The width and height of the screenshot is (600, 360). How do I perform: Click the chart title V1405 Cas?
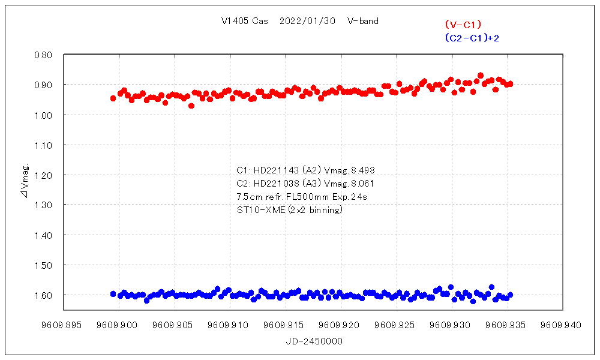(244, 22)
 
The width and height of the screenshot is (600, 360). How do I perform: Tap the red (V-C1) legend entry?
(463, 25)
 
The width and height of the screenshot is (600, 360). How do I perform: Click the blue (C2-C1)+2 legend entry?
(472, 38)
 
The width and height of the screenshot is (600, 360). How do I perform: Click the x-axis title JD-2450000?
(314, 341)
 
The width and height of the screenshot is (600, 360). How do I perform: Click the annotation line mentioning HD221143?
(306, 170)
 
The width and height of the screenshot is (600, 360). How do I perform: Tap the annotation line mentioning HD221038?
(306, 184)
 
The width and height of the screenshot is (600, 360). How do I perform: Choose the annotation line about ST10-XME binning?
(290, 209)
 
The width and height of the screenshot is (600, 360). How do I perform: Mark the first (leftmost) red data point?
(113, 98)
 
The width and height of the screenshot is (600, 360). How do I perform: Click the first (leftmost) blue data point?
(113, 293)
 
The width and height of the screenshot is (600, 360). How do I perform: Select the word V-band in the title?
(362, 22)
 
